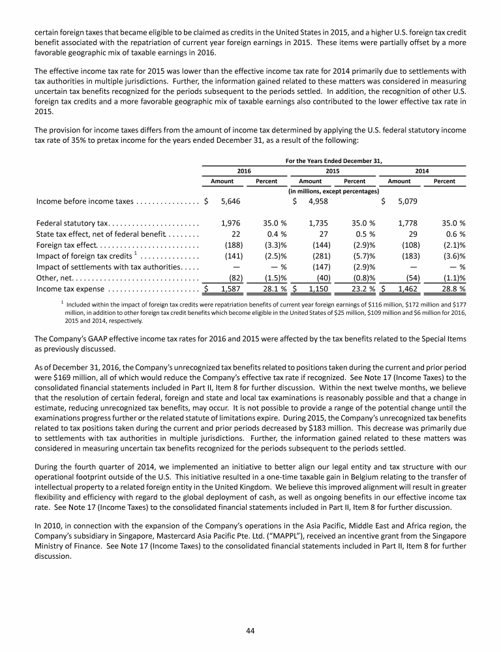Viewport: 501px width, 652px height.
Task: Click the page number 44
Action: pyautogui.click(x=250, y=630)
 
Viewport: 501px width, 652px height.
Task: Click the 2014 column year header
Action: pyautogui.click(x=421, y=170)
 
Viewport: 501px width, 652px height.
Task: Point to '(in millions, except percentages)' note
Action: pyautogui.click(x=333, y=192)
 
